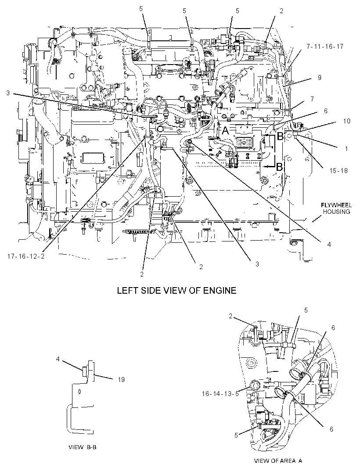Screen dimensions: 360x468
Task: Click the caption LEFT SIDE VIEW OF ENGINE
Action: (x=177, y=290)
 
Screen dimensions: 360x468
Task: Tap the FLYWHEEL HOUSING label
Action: (x=336, y=209)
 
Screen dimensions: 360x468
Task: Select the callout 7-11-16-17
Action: (x=325, y=46)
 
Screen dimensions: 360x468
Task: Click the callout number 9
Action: (x=320, y=78)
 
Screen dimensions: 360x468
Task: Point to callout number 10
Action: (x=346, y=121)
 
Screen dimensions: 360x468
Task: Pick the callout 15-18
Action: (x=338, y=171)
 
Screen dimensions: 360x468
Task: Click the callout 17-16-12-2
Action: (x=26, y=256)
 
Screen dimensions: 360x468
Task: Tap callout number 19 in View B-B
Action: (x=121, y=380)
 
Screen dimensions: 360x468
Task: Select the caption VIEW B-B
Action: (x=83, y=447)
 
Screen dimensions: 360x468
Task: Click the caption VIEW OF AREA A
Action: (x=278, y=461)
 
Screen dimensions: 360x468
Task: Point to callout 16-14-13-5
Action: (x=220, y=394)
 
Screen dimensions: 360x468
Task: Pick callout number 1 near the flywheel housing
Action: (x=346, y=149)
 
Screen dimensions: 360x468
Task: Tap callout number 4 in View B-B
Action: (x=58, y=359)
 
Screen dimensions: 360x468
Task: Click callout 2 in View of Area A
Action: (x=230, y=316)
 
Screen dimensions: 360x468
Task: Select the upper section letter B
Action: (x=280, y=137)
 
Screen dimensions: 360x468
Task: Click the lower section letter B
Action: (x=279, y=167)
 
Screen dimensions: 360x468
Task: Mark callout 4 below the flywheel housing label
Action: (x=329, y=245)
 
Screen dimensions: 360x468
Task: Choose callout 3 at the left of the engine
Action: (x=8, y=93)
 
